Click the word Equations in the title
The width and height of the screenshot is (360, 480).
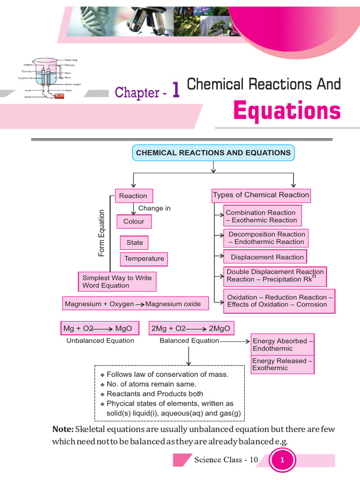(x=287, y=111)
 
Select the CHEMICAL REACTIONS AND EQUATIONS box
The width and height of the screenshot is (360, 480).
(x=213, y=153)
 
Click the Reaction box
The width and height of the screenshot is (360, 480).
(x=133, y=196)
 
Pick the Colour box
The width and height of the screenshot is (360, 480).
(x=134, y=221)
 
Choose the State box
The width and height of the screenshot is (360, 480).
(x=135, y=243)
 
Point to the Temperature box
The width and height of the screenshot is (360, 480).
(x=144, y=259)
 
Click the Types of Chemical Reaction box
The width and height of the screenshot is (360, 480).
(x=261, y=195)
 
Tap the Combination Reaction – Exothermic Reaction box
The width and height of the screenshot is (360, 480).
(x=262, y=216)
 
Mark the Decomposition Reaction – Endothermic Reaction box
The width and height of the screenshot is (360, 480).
(x=266, y=238)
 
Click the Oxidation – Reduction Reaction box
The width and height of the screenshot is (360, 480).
(x=280, y=301)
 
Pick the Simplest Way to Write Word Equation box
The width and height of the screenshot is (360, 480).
(x=117, y=282)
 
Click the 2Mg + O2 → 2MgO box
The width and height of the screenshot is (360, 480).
(x=191, y=329)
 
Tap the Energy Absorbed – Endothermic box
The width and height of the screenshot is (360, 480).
(x=283, y=345)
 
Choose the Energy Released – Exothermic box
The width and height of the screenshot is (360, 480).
(x=283, y=365)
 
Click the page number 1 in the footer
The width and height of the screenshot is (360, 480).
(x=282, y=460)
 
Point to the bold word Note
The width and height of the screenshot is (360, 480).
(x=63, y=429)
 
